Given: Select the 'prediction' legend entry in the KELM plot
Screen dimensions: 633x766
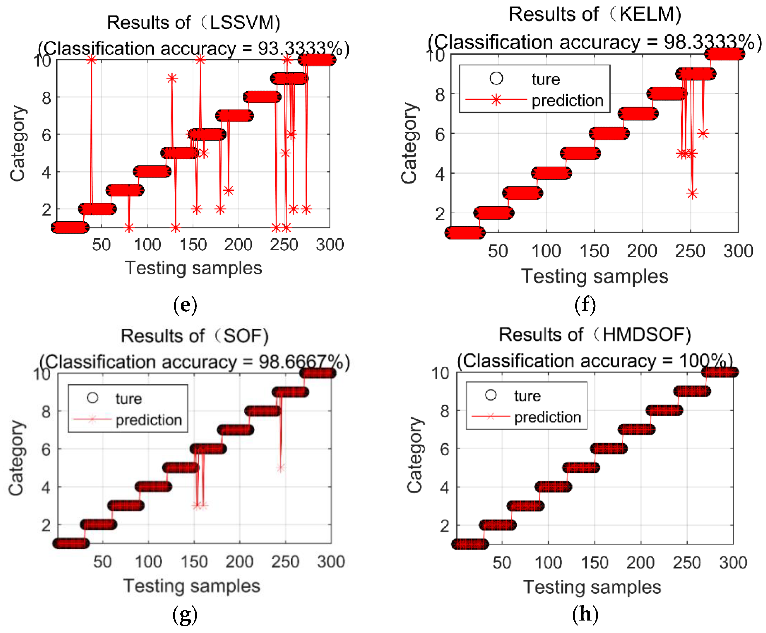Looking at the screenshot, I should coord(567,100).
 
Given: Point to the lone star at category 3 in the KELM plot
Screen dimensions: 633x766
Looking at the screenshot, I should coord(692,193).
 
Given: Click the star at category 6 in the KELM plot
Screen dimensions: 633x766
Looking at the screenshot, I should coord(703,134).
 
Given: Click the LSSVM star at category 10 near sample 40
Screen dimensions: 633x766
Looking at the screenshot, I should coord(91,60).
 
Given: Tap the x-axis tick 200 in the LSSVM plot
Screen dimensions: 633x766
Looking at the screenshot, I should coord(238,244).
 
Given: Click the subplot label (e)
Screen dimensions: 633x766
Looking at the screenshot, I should coord(185,305).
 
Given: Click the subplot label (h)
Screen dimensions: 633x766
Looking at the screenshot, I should coord(585,614).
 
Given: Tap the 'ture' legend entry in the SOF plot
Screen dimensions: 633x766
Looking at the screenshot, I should coord(128,399).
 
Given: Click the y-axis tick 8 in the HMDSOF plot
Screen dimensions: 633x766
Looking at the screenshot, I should coord(444,411).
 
